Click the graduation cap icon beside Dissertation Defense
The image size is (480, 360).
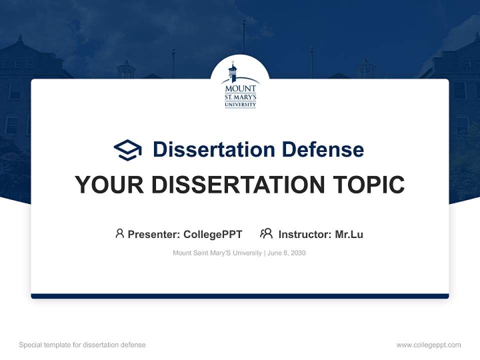click(x=127, y=149)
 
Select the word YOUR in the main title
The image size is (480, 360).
click(x=108, y=185)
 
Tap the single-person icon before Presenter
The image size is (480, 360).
click(x=119, y=233)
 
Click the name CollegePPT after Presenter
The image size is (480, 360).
click(x=213, y=234)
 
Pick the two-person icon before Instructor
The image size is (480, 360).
click(x=266, y=233)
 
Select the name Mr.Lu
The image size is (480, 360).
click(x=349, y=234)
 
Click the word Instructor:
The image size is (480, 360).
click(x=305, y=234)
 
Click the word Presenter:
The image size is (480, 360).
click(x=154, y=234)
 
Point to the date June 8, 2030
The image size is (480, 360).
click(x=286, y=253)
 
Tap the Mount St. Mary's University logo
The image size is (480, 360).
click(x=240, y=85)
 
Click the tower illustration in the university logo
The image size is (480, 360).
click(x=232, y=72)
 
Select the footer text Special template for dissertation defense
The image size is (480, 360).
click(x=82, y=345)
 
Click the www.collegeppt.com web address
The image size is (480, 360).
click(x=428, y=345)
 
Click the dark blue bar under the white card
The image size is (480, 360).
click(x=240, y=296)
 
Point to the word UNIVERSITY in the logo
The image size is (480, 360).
click(x=240, y=104)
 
